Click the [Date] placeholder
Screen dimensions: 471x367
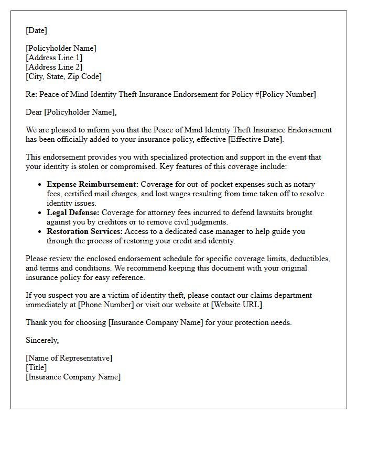click(x=36, y=30)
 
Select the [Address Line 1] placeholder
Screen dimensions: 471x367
click(x=54, y=58)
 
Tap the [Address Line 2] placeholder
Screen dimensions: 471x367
click(x=54, y=67)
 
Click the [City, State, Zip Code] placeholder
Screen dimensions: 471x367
click(x=63, y=76)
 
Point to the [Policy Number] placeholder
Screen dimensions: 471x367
click(x=288, y=94)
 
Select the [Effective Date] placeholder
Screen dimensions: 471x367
click(x=254, y=139)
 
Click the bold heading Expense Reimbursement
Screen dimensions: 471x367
click(x=92, y=184)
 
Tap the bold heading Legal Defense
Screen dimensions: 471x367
click(x=73, y=212)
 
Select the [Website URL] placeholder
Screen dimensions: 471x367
click(x=236, y=305)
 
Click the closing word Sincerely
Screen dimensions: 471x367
click(x=42, y=340)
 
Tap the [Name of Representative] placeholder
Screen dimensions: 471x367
click(x=69, y=358)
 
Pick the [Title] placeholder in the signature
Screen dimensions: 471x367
click(x=36, y=367)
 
